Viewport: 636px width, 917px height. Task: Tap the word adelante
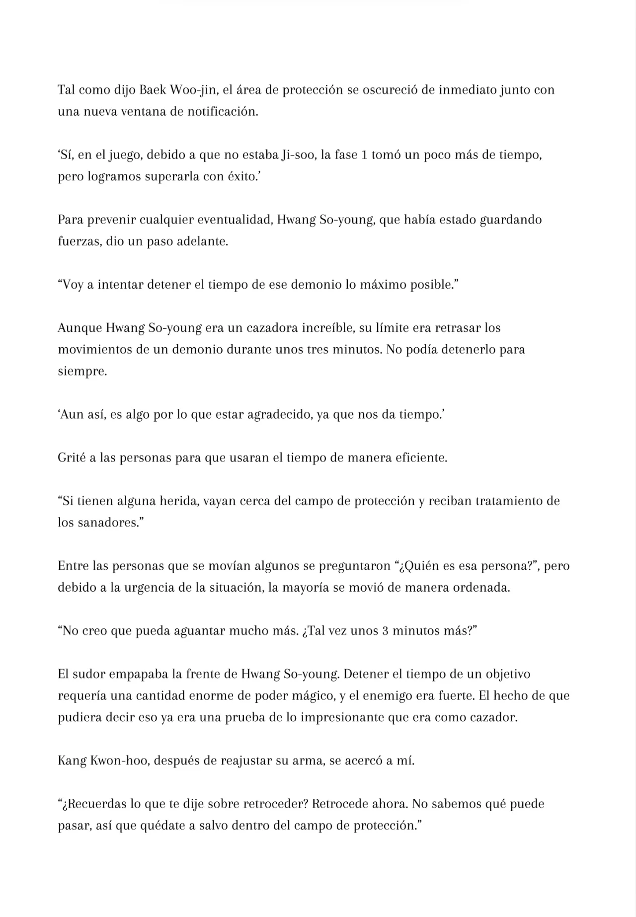pos(202,242)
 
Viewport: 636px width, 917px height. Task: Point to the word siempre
pos(82,372)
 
